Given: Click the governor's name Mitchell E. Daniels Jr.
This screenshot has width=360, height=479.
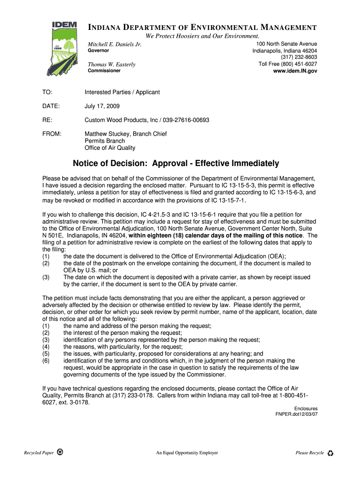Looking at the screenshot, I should (115, 44).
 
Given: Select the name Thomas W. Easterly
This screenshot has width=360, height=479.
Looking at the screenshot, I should (112, 65).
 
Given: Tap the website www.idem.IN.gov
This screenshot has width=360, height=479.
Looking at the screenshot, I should (295, 71).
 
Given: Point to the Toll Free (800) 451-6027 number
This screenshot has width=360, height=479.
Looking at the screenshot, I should (288, 64).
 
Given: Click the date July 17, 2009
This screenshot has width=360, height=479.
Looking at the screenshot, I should (102, 106).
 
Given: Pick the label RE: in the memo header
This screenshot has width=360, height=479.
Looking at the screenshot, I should (47, 120).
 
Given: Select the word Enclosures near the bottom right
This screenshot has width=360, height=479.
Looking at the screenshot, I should (306, 408).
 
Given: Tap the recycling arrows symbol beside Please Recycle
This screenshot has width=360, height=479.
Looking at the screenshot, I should (330, 453).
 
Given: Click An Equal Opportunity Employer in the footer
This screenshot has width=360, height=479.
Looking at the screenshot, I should (187, 453).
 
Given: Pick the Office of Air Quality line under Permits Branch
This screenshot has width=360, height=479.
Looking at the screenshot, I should (110, 148).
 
